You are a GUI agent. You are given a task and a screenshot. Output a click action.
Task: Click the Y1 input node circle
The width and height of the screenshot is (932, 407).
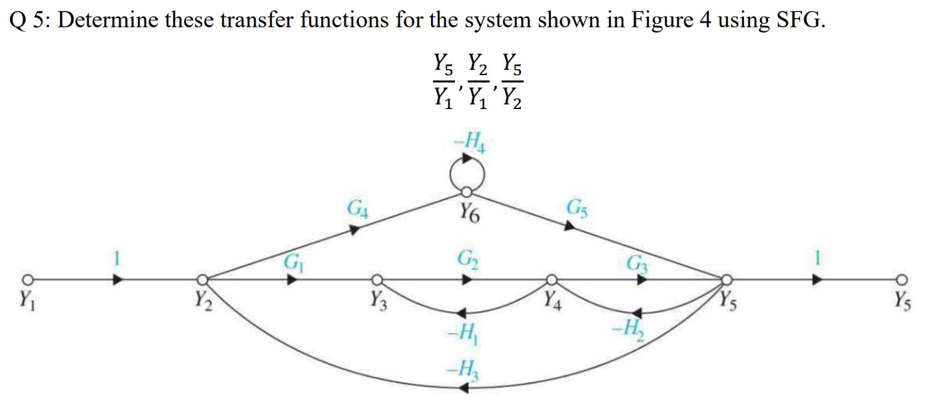pos(27,279)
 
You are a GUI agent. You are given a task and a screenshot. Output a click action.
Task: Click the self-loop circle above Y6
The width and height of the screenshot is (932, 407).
pos(466,175)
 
